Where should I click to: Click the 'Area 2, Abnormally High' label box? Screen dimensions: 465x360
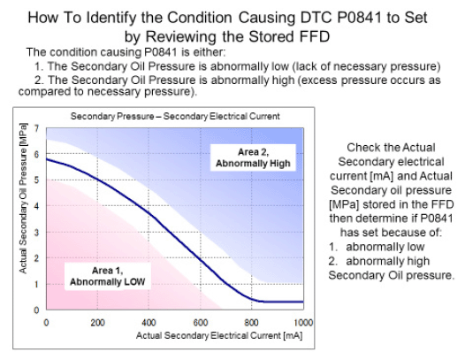[253, 157]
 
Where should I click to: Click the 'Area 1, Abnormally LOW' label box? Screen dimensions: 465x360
[108, 276]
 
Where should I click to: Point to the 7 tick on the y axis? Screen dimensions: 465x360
[36, 128]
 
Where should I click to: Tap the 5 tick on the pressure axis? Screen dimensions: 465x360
[36, 180]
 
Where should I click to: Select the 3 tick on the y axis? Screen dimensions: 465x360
[36, 232]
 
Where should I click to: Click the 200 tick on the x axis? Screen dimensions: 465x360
[97, 323]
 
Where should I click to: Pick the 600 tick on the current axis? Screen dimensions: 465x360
[201, 323]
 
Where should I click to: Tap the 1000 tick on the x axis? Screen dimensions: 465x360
[303, 323]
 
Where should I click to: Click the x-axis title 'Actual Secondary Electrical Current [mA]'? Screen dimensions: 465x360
[219, 335]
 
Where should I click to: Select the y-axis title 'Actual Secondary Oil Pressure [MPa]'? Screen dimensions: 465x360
[23, 198]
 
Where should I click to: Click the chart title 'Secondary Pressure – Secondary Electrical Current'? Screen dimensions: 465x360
[175, 116]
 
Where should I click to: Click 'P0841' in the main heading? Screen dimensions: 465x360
[360, 18]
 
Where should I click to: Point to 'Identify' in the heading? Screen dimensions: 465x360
[111, 18]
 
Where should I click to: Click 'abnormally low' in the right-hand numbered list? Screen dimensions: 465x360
[385, 247]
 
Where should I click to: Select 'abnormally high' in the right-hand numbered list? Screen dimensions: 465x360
[387, 261]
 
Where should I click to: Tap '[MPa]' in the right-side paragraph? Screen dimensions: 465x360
[345, 204]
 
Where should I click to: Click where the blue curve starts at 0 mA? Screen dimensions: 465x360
[47, 159]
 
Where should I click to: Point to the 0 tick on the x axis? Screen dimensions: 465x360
[46, 323]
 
